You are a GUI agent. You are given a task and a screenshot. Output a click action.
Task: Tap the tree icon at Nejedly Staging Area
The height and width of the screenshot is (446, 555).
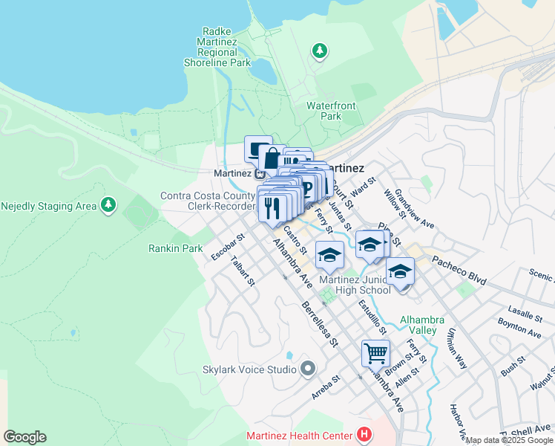pyautogui.click(x=108, y=203)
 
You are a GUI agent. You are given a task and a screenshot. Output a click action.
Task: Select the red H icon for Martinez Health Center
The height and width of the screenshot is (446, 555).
pyautogui.click(x=364, y=434)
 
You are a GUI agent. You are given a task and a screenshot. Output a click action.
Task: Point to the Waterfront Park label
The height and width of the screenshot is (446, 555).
pyautogui.click(x=324, y=111)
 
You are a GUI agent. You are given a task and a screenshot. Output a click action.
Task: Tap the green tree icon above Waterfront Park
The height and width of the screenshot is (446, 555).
pyautogui.click(x=321, y=51)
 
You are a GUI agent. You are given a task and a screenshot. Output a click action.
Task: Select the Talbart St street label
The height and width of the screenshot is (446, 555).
pyautogui.click(x=243, y=272)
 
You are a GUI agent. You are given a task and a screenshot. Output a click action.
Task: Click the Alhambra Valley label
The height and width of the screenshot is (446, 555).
pyautogui.click(x=421, y=325)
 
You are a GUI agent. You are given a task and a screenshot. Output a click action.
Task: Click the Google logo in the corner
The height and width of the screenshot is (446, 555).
pyautogui.click(x=24, y=437)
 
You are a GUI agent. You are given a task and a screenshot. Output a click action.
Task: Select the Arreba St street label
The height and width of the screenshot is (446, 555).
pyautogui.click(x=326, y=387)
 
